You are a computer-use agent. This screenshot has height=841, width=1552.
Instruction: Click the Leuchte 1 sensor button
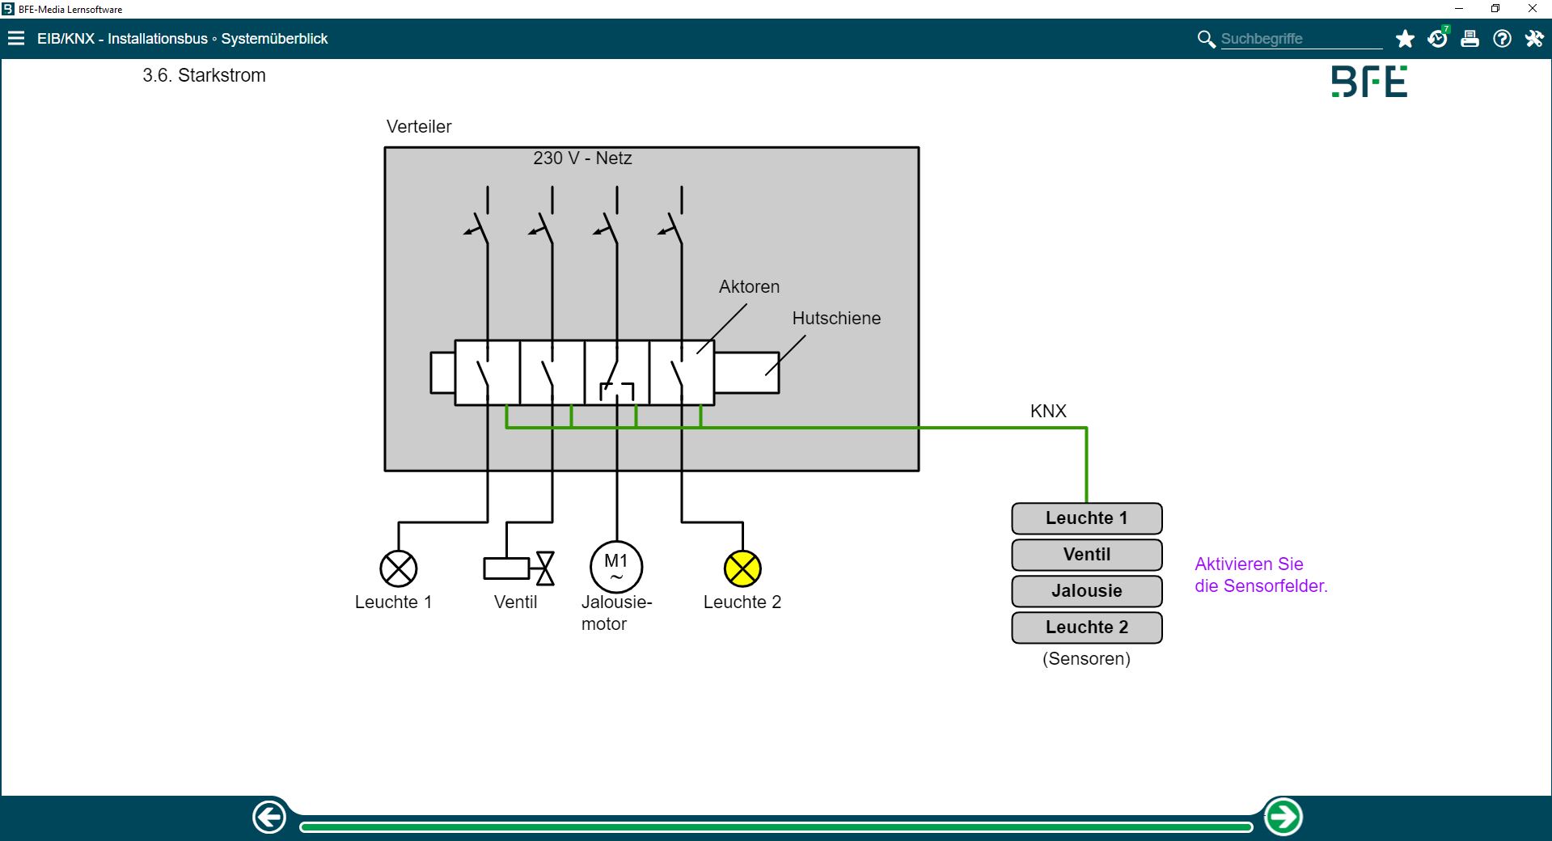tap(1086, 518)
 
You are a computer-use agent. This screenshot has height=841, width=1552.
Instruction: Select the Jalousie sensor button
tap(1086, 591)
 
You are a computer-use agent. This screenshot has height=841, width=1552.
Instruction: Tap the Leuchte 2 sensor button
tap(1086, 628)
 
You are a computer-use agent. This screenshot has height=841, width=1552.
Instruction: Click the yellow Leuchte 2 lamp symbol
tap(742, 568)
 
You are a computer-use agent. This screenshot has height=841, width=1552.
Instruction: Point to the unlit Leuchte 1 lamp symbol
tap(398, 568)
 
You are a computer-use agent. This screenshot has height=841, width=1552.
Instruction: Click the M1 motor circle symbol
tap(616, 567)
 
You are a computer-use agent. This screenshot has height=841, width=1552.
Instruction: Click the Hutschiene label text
tap(836, 319)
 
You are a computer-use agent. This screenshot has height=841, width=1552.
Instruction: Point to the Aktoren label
tap(749, 287)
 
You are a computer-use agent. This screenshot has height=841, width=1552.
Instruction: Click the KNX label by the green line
tap(1048, 412)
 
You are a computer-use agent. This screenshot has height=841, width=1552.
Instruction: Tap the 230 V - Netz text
tap(582, 158)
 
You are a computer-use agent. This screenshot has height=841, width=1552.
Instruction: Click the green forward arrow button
tap(1283, 817)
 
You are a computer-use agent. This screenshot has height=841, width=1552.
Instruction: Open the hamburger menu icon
tap(16, 39)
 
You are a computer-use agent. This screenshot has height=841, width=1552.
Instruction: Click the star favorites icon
tap(1405, 39)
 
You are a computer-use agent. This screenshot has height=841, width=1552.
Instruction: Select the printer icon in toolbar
tap(1470, 39)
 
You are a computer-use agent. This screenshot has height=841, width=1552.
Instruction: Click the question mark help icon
tap(1502, 39)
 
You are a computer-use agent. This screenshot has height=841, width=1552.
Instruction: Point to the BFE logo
tap(1369, 82)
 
